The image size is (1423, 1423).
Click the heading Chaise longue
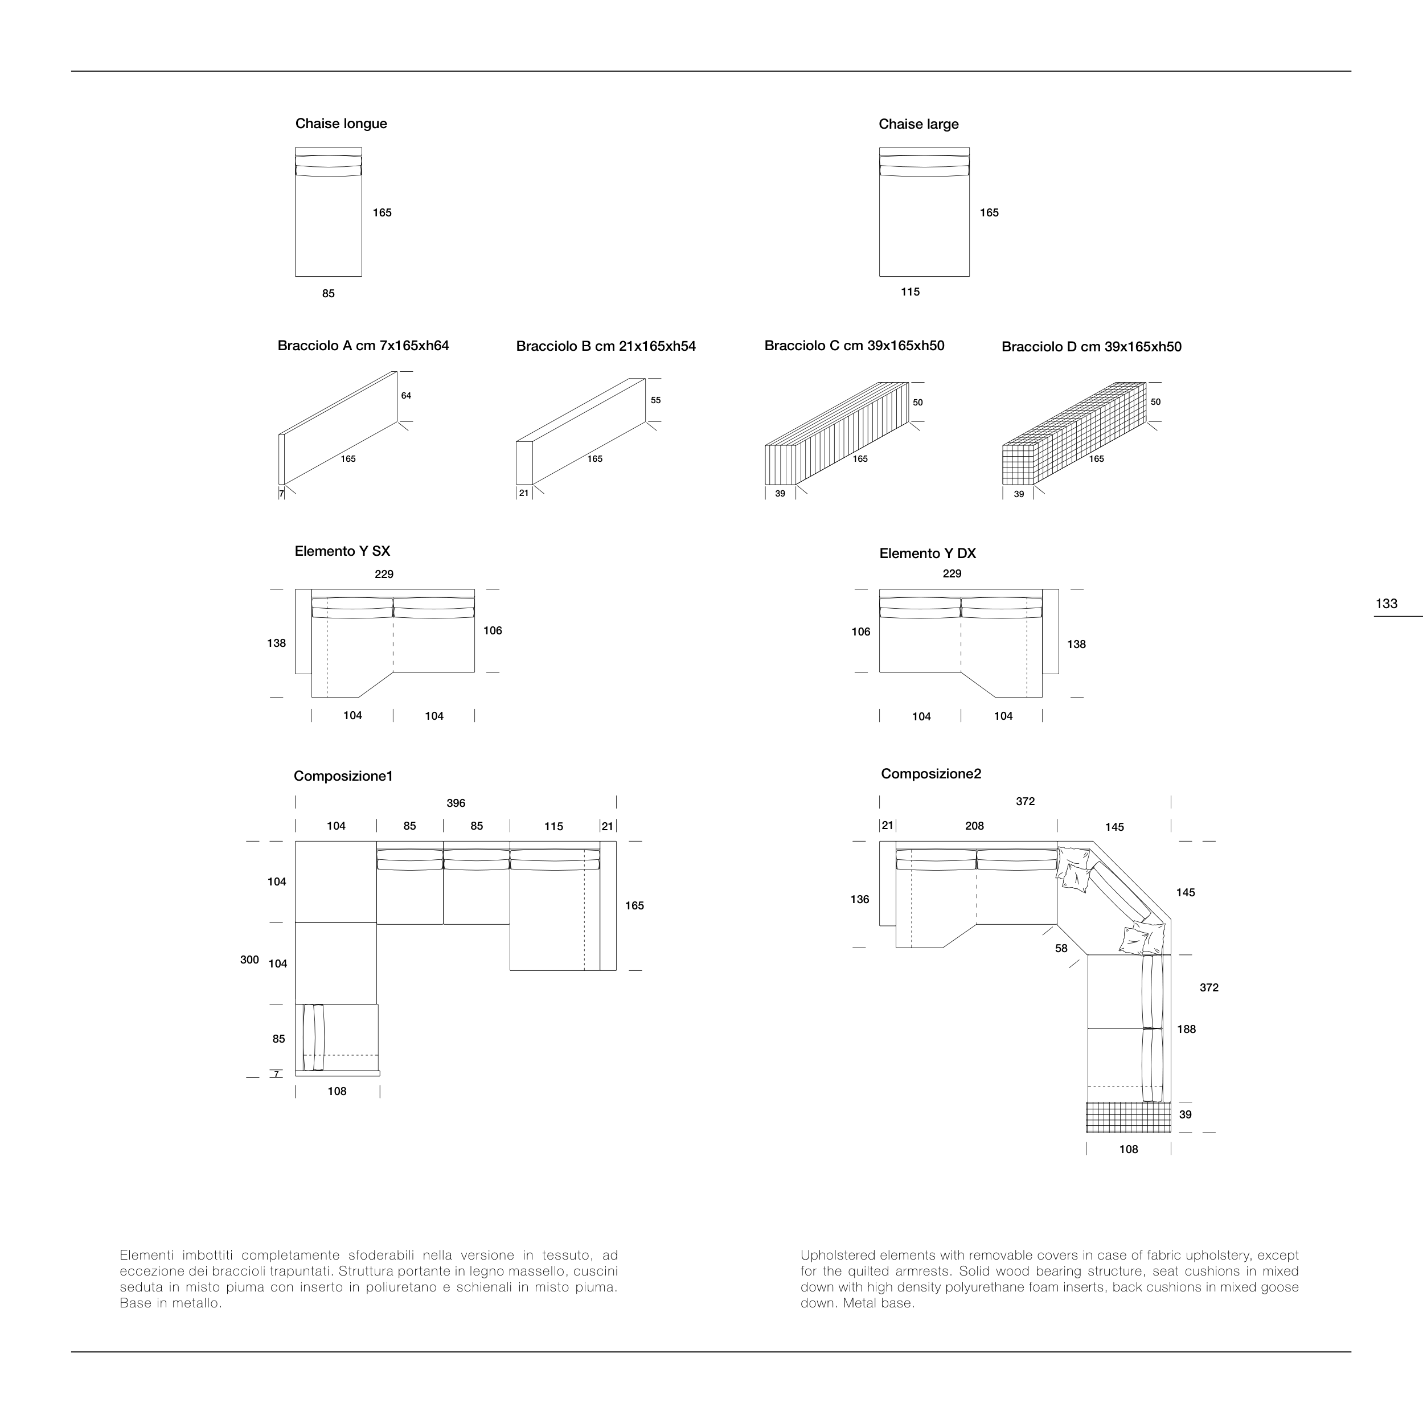[x=341, y=124]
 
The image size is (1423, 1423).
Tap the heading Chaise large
[x=918, y=125]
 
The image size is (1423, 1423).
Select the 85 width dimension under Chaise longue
[x=329, y=294]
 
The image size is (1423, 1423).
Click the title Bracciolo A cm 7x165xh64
[x=363, y=346]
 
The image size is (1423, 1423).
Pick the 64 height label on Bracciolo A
[x=406, y=396]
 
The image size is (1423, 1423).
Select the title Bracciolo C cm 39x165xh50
[x=854, y=346]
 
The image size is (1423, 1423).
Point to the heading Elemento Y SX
[x=342, y=552]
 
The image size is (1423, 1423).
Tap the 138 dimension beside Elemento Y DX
[x=1076, y=645]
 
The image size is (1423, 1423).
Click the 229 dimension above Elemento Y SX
[x=384, y=575]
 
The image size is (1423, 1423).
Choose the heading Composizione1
[x=343, y=776]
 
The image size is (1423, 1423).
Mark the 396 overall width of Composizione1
[x=456, y=803]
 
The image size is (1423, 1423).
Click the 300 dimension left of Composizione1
[x=249, y=959]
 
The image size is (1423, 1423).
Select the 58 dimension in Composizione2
[x=1061, y=949]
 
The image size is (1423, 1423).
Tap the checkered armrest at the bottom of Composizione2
[x=1127, y=1117]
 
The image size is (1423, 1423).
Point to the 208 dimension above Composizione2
[x=974, y=826]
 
